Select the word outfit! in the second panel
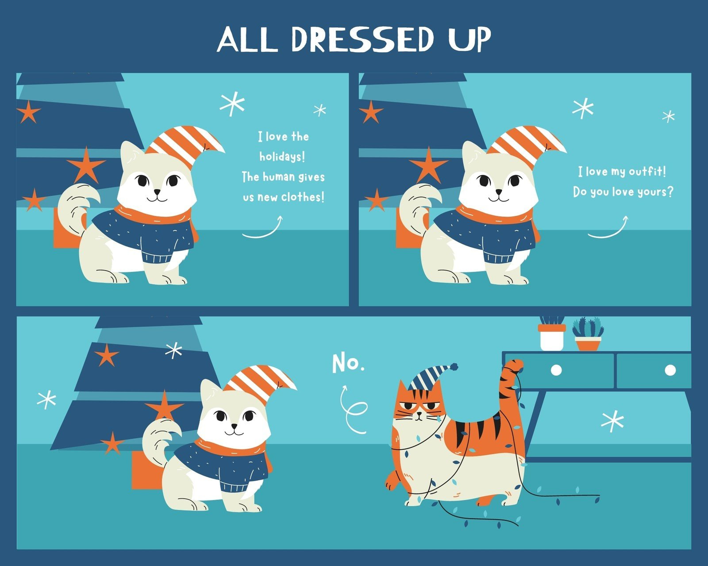(647, 171)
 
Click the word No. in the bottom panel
(348, 363)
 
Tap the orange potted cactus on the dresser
(588, 336)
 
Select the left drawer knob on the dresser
(556, 370)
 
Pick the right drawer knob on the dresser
(670, 370)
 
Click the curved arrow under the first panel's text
(262, 228)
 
